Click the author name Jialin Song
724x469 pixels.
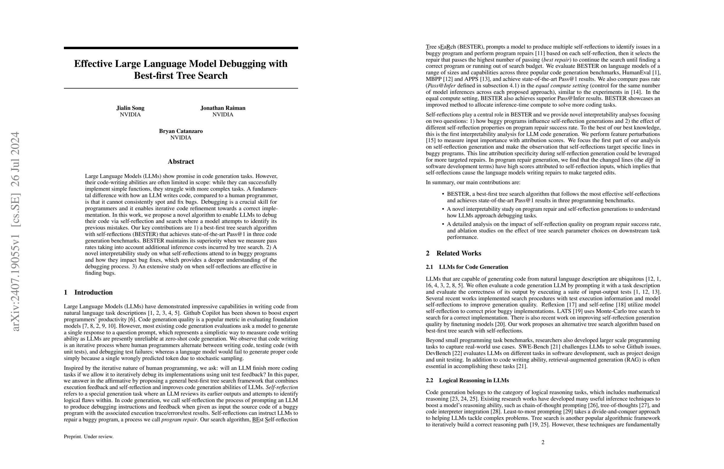130,108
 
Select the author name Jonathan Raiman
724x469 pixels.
223,108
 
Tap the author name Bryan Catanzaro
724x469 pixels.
181,131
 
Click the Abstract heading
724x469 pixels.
181,162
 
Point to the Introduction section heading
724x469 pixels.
93,293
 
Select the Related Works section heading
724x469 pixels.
458,253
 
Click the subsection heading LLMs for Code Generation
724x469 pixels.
473,267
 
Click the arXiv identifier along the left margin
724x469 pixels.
15,232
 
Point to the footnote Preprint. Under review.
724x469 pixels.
88,437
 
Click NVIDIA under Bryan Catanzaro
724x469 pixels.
181,138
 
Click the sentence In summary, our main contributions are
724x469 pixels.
473,183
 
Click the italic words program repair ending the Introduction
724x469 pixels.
179,420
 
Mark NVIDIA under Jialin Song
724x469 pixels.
130,115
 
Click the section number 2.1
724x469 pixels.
429,267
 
